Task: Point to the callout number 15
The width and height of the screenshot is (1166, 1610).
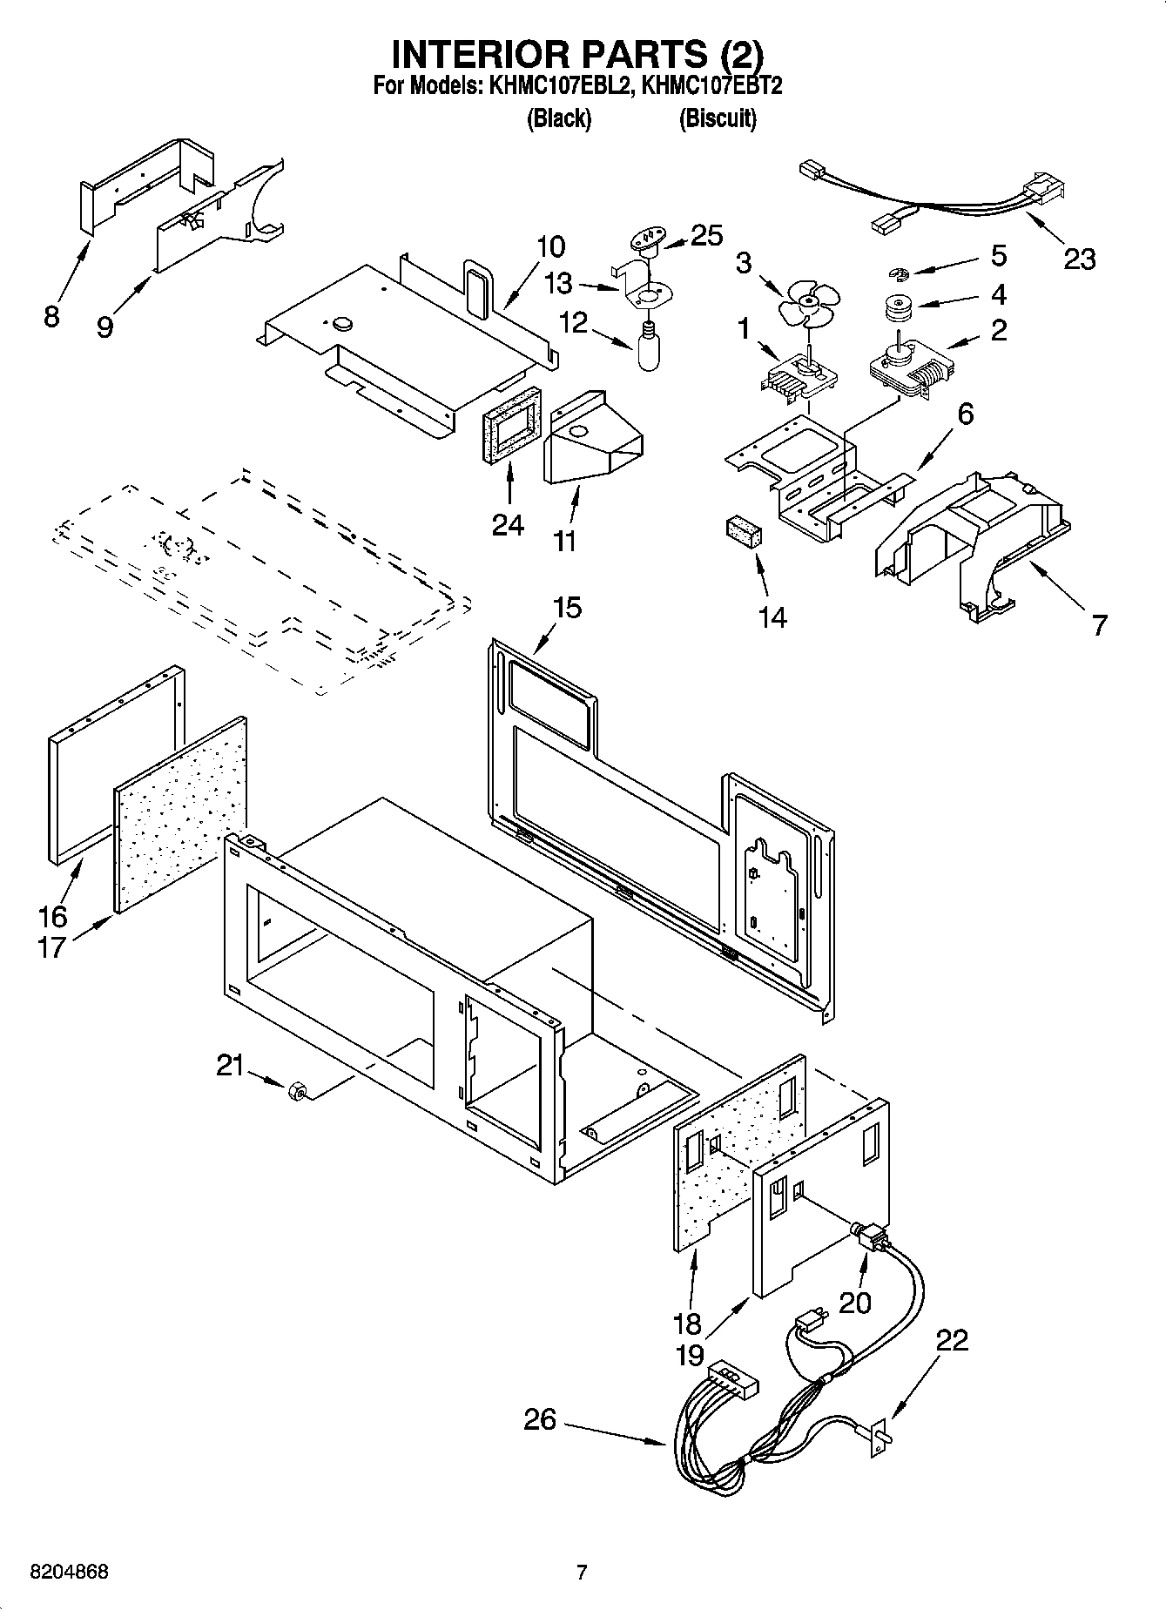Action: [x=567, y=607]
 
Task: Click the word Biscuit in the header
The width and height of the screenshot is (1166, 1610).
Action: [x=718, y=118]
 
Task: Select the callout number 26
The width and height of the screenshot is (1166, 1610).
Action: [x=540, y=1420]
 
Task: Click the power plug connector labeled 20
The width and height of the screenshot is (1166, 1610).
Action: [x=869, y=1237]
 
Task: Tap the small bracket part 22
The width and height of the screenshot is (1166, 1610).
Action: [x=880, y=1434]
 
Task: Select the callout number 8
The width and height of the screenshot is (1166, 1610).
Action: [x=51, y=316]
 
